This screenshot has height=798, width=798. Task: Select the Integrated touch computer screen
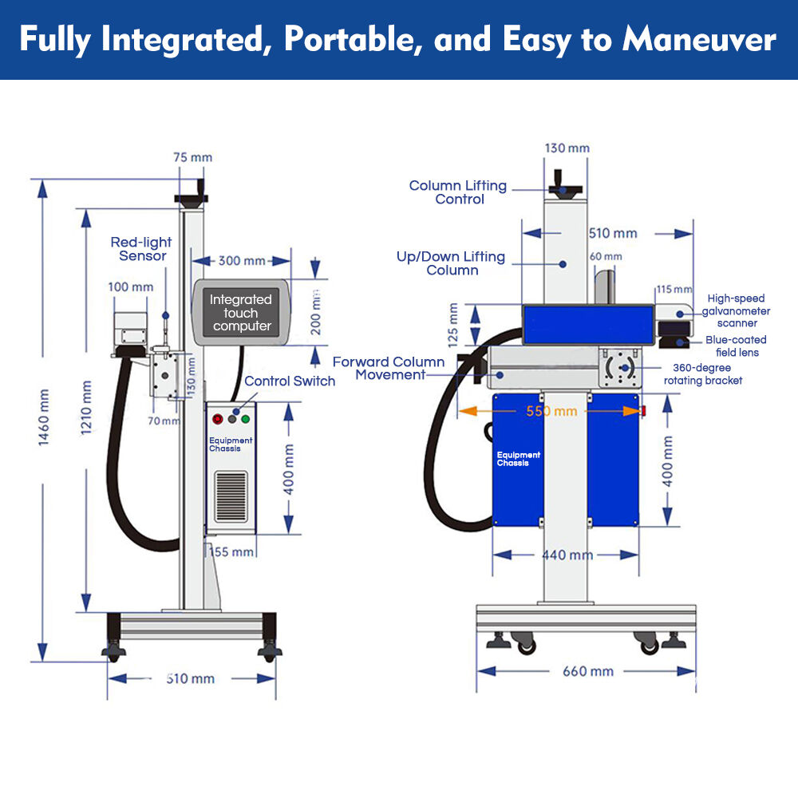241,312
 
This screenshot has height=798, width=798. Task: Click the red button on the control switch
218,418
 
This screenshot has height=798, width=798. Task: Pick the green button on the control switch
246,418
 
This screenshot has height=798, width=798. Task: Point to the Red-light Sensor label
141,249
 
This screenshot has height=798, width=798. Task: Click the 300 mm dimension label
242,261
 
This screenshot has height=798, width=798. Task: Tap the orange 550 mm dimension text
551,412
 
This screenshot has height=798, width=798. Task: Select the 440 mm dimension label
567,555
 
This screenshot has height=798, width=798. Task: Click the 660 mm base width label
588,671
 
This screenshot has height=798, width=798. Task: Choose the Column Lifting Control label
458,192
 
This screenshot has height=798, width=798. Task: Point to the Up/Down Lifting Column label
452,263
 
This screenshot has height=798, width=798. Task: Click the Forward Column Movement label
389,368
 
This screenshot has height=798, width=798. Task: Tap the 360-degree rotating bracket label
703,374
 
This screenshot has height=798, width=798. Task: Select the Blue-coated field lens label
736,346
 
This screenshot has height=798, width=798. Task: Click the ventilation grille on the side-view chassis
231,496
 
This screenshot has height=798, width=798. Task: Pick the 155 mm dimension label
231,551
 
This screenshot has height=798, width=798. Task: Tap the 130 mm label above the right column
567,148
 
